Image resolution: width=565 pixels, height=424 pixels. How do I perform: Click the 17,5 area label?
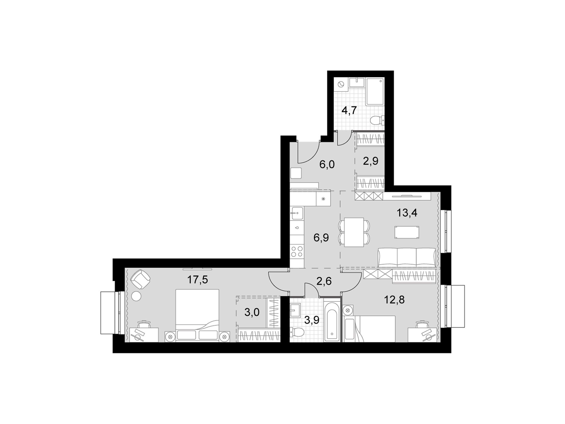click(197, 280)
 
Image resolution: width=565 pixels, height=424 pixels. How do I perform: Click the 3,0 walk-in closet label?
click(252, 312)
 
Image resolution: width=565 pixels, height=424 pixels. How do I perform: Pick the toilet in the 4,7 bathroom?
click(378, 120)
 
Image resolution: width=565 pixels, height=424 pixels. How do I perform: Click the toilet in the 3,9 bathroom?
click(297, 333)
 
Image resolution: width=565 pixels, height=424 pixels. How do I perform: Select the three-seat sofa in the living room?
click(407, 257)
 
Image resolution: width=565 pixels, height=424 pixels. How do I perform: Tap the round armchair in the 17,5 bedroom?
click(140, 279)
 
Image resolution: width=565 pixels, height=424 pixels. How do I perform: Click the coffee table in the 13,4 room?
click(407, 232)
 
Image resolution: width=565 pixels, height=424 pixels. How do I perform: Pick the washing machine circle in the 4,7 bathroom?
click(341, 84)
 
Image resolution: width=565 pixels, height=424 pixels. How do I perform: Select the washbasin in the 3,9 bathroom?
click(297, 310)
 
